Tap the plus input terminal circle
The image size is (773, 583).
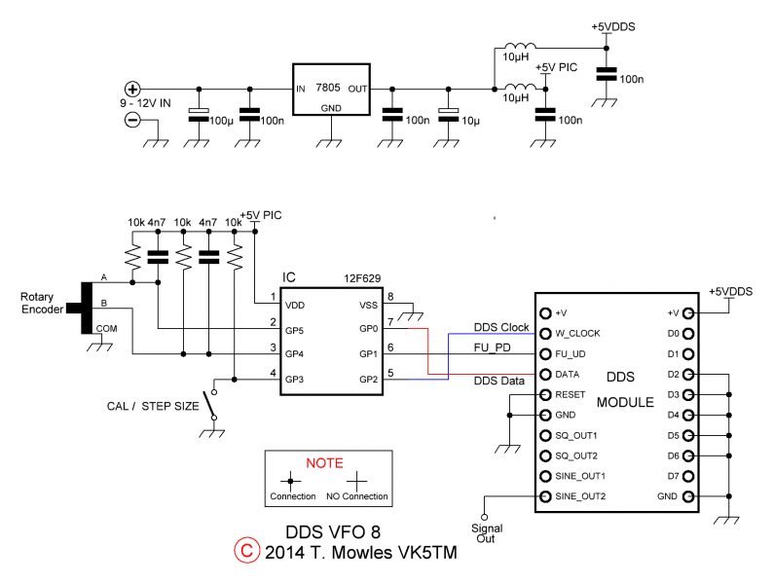point(132,88)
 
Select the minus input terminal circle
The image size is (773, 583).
point(132,120)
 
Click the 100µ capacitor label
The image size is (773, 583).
point(222,121)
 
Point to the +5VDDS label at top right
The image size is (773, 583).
point(612,27)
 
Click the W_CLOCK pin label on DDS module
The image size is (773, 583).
point(577,334)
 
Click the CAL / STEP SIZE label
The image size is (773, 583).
point(152,405)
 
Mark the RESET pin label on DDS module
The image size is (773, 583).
point(571,395)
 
